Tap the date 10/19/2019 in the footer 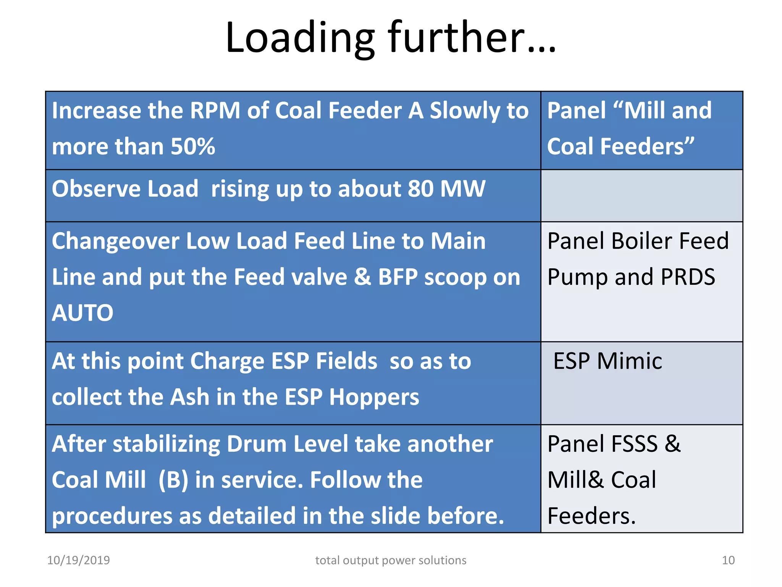[x=78, y=560]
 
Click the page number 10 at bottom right [x=728, y=560]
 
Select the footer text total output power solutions [x=391, y=560]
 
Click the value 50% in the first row [x=193, y=147]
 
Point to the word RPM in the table [x=215, y=111]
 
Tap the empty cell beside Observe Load [x=641, y=196]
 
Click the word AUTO [x=82, y=313]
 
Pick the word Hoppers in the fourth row [x=374, y=397]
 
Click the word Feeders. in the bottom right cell [x=591, y=516]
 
